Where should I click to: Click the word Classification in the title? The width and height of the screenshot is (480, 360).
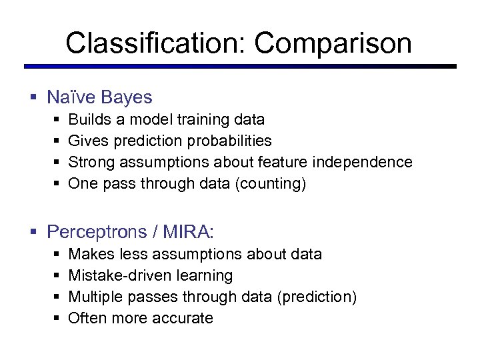(156, 43)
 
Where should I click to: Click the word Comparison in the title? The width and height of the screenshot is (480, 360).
(333, 43)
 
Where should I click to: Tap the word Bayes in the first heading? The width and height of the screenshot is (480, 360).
(126, 97)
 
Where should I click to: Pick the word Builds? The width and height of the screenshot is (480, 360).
(89, 120)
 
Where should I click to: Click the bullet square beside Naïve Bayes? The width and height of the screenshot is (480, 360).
(33, 98)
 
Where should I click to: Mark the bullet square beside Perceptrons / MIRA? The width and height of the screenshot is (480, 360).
(33, 233)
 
